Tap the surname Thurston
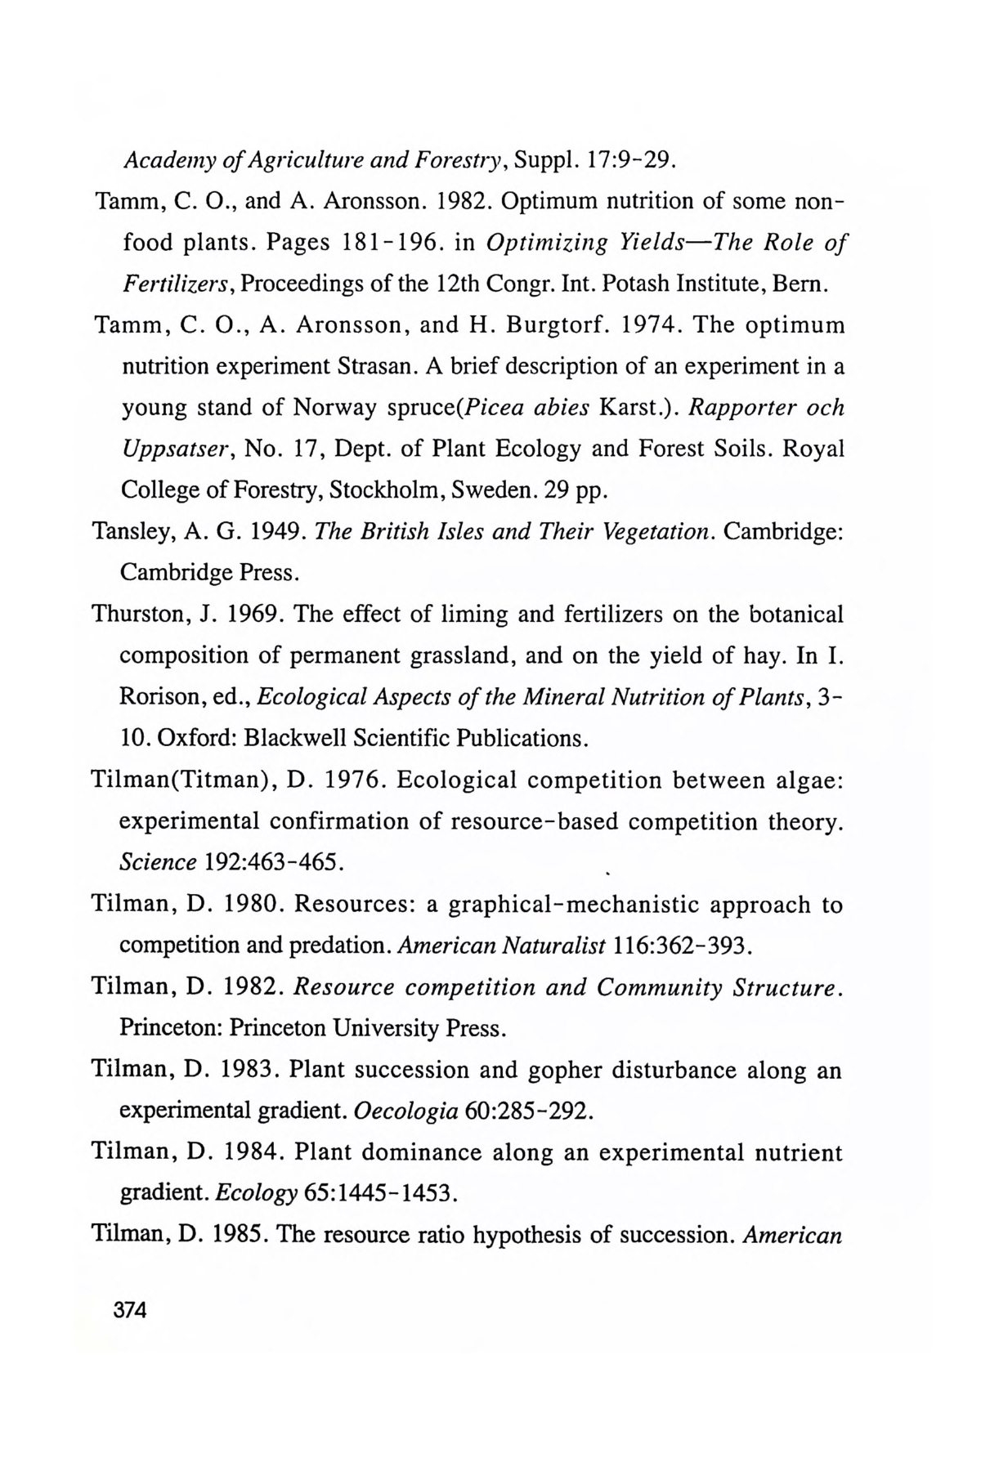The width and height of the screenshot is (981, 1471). coord(139,615)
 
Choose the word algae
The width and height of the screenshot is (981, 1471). coord(802,780)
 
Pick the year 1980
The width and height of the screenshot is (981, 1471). coord(253,905)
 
